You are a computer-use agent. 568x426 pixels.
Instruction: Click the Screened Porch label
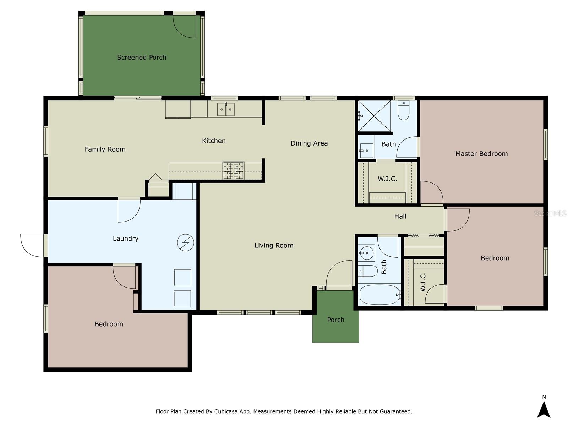[141, 57]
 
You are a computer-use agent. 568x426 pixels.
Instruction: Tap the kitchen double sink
[226, 109]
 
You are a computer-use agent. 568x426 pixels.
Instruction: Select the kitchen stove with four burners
[233, 170]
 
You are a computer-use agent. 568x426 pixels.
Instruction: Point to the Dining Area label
[309, 143]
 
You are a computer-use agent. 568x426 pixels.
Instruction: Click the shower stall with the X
[374, 116]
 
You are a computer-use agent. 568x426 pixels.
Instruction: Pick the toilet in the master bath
[403, 111]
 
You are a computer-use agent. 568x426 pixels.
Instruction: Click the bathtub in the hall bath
[380, 295]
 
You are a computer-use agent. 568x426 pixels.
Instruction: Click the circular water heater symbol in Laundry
[185, 242]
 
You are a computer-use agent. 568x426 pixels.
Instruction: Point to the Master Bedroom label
[481, 154]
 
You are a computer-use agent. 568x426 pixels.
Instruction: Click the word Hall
[400, 216]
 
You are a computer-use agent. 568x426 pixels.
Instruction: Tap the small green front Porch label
[335, 320]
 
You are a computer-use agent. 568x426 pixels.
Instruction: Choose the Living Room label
[274, 245]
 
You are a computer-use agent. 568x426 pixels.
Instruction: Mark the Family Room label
[105, 149]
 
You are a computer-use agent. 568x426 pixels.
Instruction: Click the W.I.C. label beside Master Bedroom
[387, 179]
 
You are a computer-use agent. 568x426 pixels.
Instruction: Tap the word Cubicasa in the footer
[226, 411]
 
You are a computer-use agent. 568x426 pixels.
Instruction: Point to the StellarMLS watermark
[550, 213]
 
